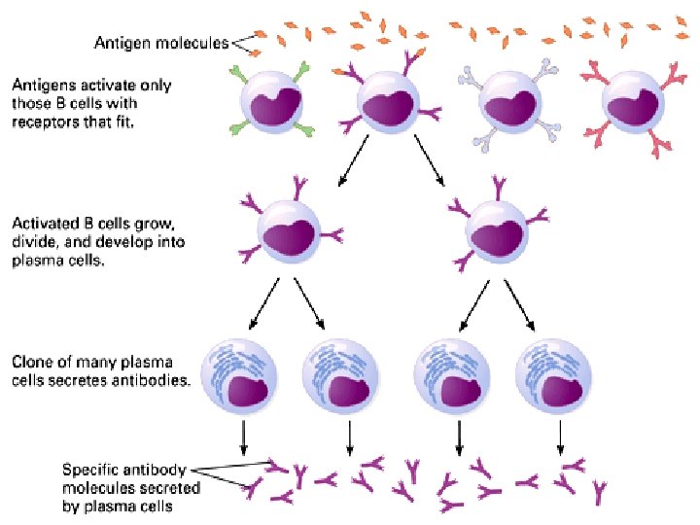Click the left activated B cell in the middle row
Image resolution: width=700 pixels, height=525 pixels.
[289, 232]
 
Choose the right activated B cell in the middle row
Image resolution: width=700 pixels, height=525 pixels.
[497, 232]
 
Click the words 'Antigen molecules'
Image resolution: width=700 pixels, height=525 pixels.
[161, 43]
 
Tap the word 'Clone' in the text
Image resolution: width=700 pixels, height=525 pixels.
[31, 364]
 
